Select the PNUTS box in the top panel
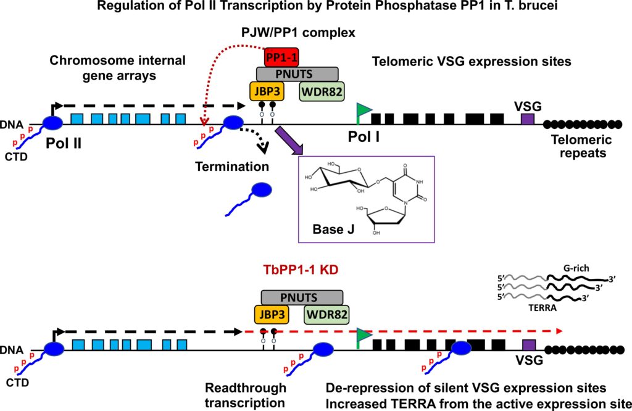[x=294, y=75]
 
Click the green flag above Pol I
[x=364, y=110]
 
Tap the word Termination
[x=232, y=167]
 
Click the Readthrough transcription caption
[x=246, y=395]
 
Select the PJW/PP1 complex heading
[x=299, y=32]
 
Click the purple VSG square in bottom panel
[x=528, y=345]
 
